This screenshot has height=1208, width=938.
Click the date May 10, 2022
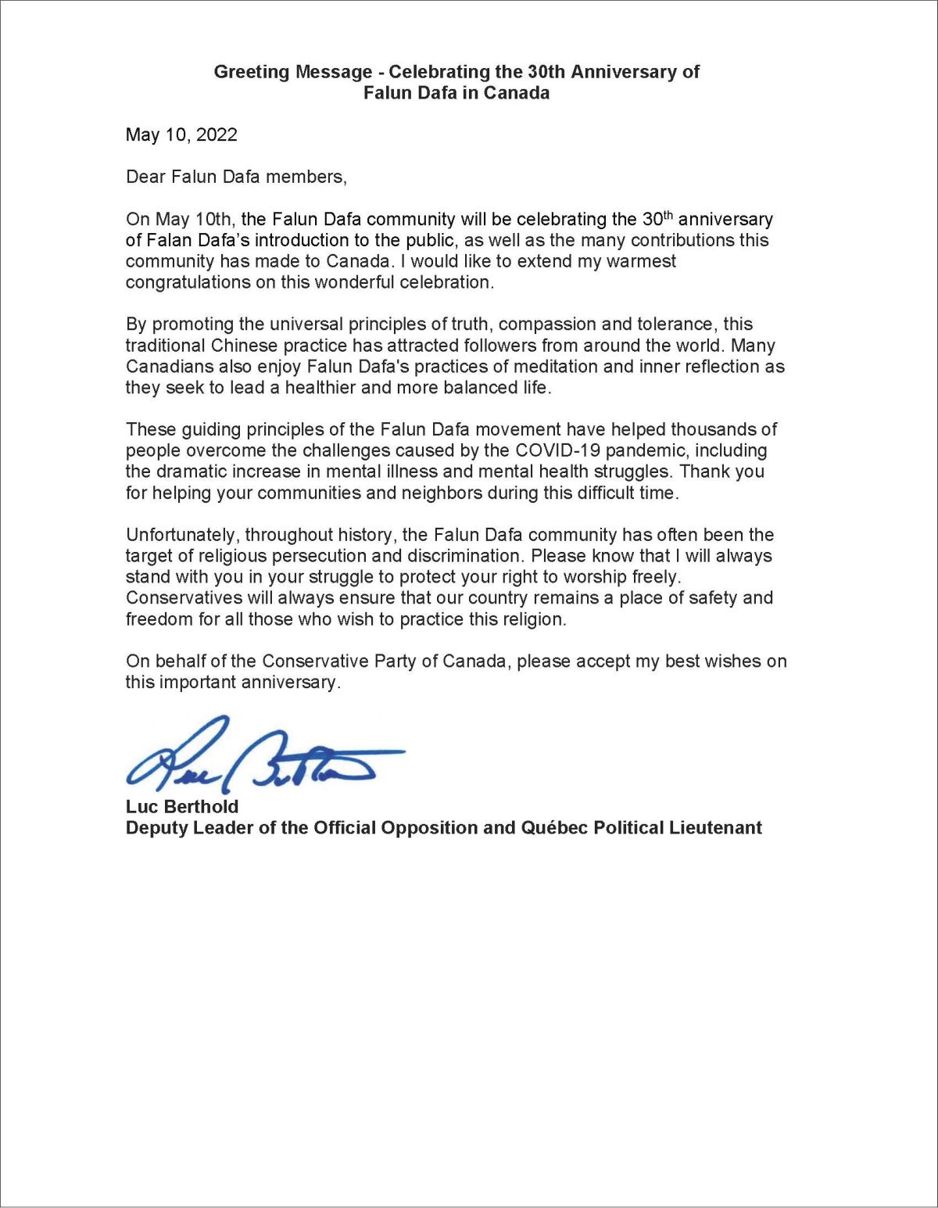click(x=181, y=134)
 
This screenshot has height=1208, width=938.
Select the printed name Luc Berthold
click(x=182, y=806)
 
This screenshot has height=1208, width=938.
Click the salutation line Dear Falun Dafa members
click(x=236, y=177)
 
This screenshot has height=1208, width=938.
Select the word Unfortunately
click(x=184, y=535)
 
